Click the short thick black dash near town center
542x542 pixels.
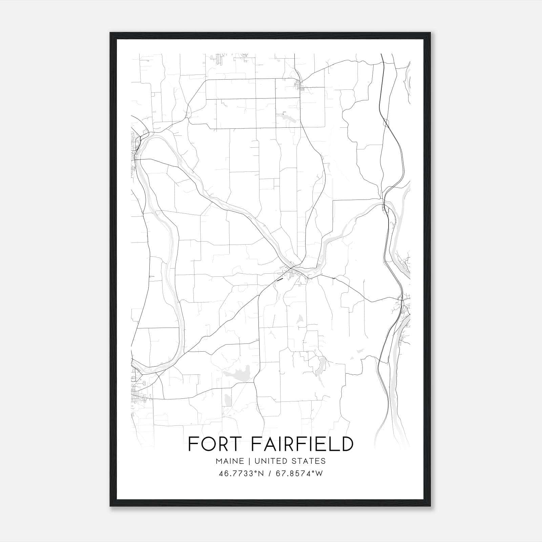279,280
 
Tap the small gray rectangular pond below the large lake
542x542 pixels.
228,400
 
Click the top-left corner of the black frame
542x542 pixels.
110,33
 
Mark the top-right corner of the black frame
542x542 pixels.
431,33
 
